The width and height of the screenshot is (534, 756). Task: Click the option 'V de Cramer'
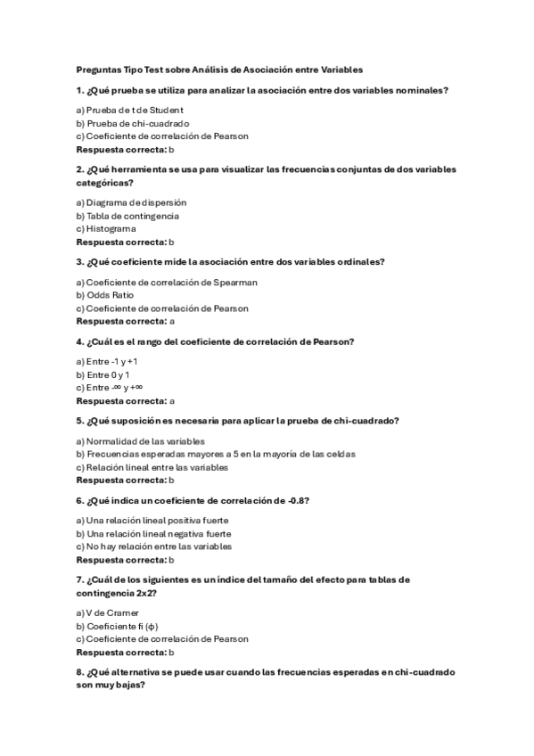coord(108,612)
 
